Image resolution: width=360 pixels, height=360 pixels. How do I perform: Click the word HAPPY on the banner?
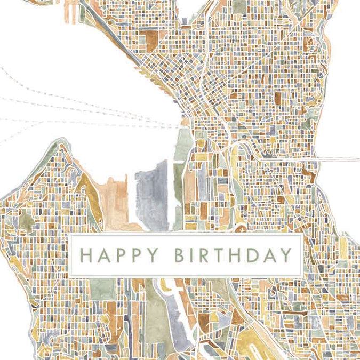119,255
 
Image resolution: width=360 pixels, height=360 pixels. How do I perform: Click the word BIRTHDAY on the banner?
234,255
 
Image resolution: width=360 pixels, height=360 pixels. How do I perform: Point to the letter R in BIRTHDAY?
206,255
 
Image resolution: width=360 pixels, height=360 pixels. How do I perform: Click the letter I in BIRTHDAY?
194,255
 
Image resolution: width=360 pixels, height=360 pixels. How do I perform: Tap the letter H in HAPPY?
87,255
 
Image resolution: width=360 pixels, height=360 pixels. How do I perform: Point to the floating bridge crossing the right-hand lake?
339,159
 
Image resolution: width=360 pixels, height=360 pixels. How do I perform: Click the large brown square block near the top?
149,38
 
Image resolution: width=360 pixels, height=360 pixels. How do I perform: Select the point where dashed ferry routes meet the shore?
178,126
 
